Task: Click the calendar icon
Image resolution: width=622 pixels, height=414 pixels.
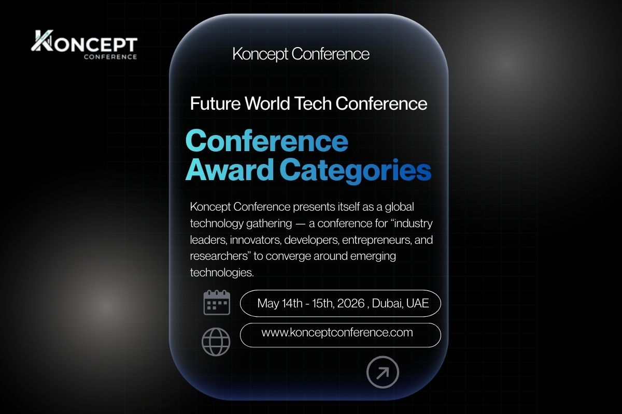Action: coord(216,302)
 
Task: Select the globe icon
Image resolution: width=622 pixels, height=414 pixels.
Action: coord(216,342)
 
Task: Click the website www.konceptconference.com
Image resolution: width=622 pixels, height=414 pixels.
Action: coord(337,332)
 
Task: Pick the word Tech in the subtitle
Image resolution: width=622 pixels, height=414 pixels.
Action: coord(313,103)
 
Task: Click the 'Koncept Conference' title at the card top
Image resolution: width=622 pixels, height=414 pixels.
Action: coord(301,54)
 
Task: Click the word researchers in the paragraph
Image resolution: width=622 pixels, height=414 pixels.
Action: coord(217,256)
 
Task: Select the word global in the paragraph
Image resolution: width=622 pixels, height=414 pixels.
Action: coord(399,207)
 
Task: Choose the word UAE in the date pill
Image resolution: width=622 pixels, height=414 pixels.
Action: coord(418,303)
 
